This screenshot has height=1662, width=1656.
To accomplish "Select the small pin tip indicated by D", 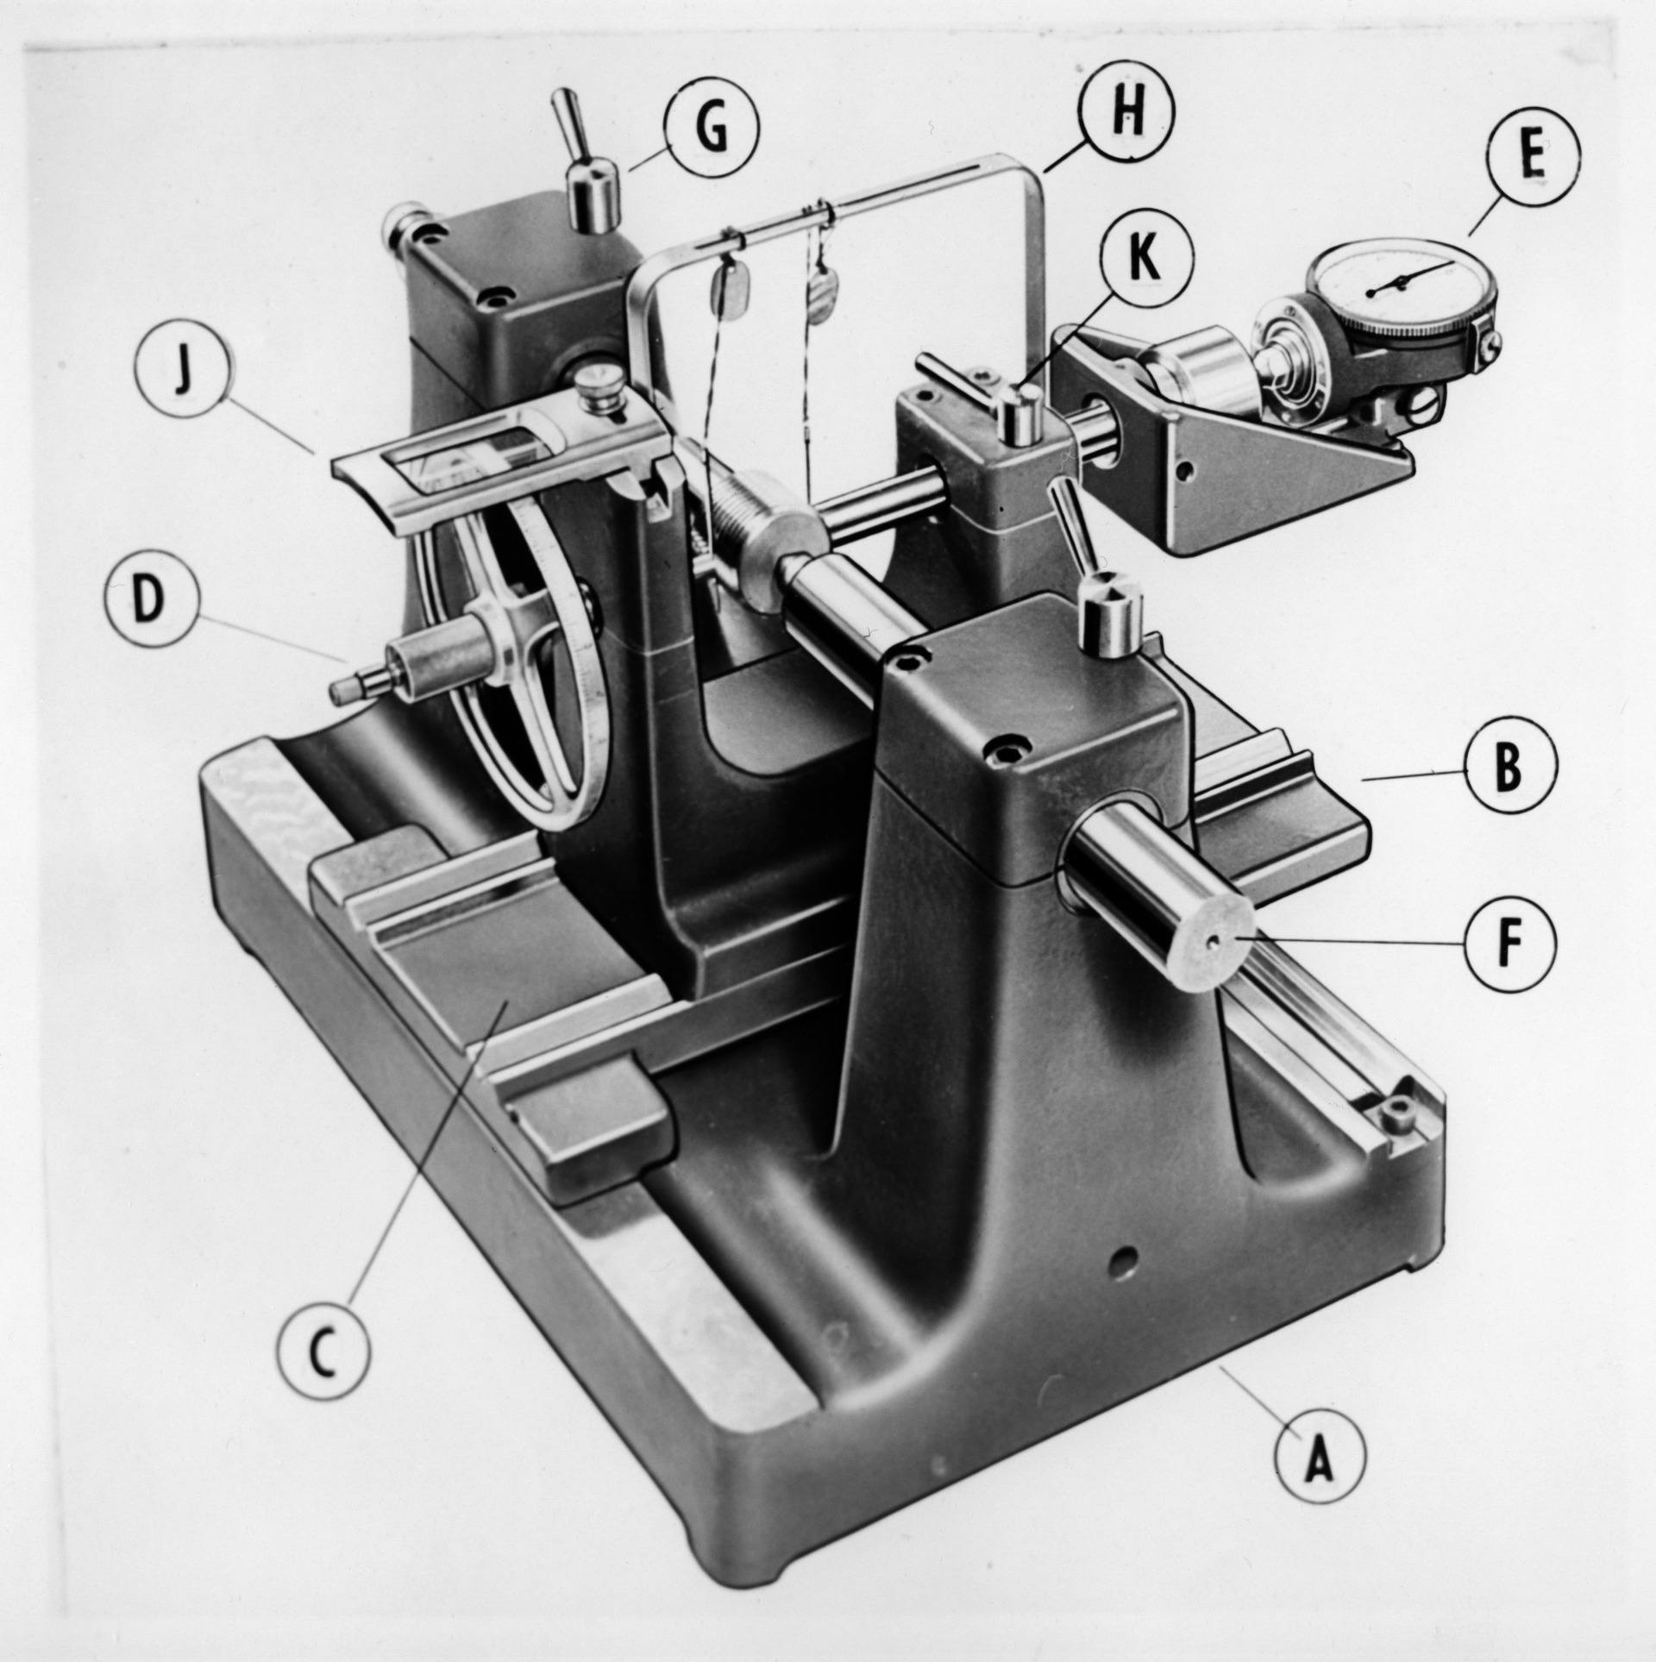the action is coord(344,687).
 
